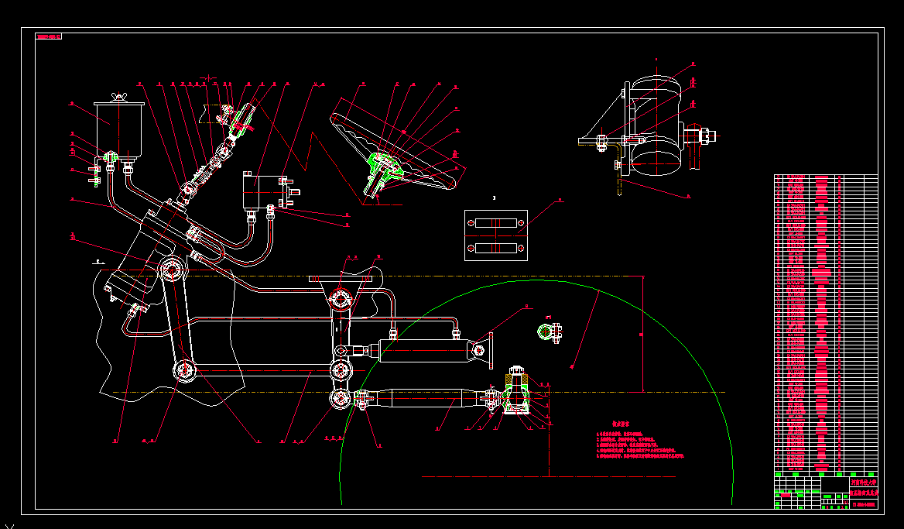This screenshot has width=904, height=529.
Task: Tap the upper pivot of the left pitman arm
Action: tap(171, 270)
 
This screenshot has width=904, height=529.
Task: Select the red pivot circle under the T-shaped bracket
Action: tap(341, 297)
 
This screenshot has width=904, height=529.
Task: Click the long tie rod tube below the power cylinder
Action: tap(422, 399)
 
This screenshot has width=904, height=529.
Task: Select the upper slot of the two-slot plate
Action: tap(495, 224)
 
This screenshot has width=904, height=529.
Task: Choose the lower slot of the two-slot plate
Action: tap(495, 248)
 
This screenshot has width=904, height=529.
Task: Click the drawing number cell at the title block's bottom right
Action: tap(864, 503)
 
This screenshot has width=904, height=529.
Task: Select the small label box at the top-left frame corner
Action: tap(49, 36)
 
